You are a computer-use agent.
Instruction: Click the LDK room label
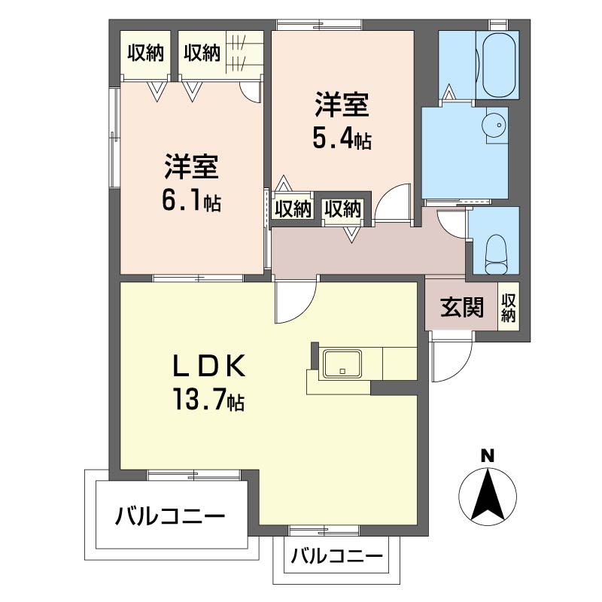(x=209, y=366)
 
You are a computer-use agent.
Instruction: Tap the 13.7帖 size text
(x=209, y=400)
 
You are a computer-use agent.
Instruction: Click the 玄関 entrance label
(x=461, y=307)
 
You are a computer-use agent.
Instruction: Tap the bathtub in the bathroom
(x=497, y=65)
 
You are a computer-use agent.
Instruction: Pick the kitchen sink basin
(x=342, y=363)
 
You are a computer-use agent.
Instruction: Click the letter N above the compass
(x=488, y=456)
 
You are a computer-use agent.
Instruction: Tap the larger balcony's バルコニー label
(x=170, y=515)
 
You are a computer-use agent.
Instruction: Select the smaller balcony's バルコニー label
(x=336, y=555)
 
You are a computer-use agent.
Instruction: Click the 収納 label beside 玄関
(x=509, y=308)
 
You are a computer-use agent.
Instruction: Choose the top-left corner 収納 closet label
(x=146, y=53)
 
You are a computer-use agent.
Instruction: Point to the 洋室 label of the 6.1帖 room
(x=192, y=167)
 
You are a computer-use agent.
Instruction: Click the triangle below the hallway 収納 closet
(x=351, y=235)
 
